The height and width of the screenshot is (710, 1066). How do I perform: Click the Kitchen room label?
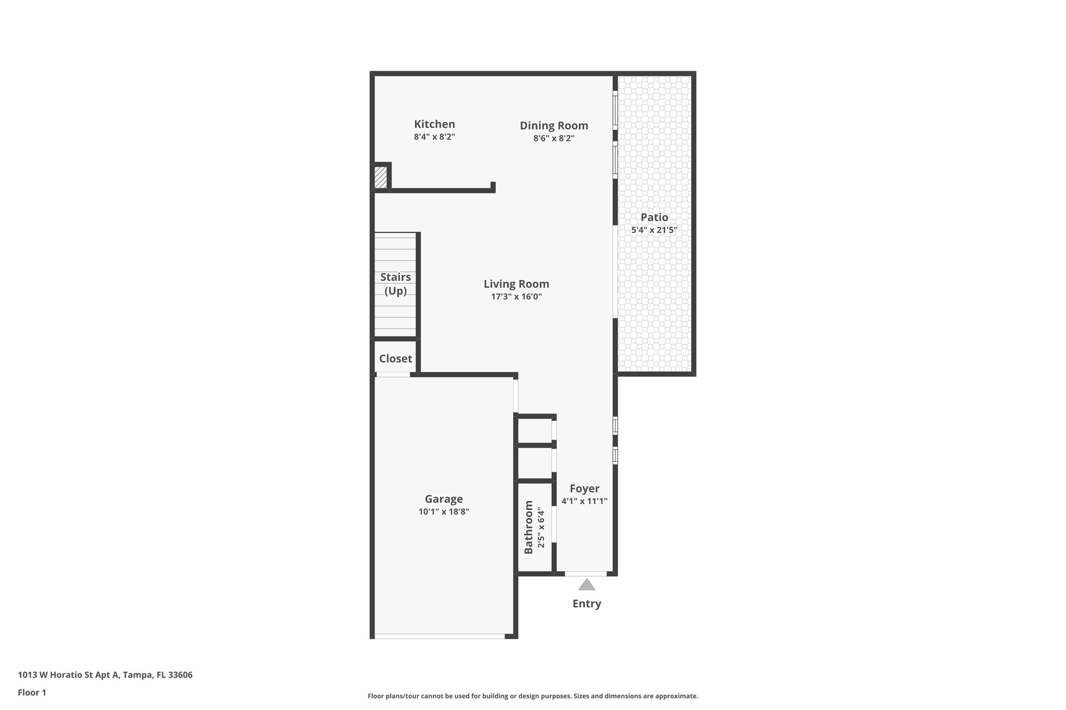point(435,124)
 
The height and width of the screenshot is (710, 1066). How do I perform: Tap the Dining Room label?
point(554,126)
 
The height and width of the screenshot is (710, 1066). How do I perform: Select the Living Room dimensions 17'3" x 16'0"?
point(516,297)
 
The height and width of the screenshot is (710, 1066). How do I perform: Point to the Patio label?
point(654,217)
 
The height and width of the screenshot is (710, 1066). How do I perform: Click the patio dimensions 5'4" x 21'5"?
point(654,230)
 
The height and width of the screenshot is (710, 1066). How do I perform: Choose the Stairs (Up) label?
point(396,284)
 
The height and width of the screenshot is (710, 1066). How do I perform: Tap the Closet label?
point(396,359)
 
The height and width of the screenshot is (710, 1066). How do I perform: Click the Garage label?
point(444,499)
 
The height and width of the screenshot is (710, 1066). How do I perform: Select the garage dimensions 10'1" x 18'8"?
point(444,512)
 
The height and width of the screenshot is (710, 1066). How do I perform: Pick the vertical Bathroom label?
point(529,527)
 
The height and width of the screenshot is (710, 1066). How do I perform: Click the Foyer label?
point(585,489)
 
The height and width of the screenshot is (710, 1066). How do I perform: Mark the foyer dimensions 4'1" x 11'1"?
point(585,501)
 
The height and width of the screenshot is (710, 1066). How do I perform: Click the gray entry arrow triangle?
point(587,585)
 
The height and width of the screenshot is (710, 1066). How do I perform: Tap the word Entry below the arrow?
point(587,604)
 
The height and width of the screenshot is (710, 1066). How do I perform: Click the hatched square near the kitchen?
point(381,177)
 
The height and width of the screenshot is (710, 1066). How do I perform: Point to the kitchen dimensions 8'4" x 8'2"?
point(435,137)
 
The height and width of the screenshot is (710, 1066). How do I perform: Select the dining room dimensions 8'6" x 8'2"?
point(554,138)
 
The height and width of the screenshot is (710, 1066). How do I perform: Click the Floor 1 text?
point(32,693)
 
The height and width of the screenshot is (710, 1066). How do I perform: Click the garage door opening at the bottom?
point(440,636)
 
